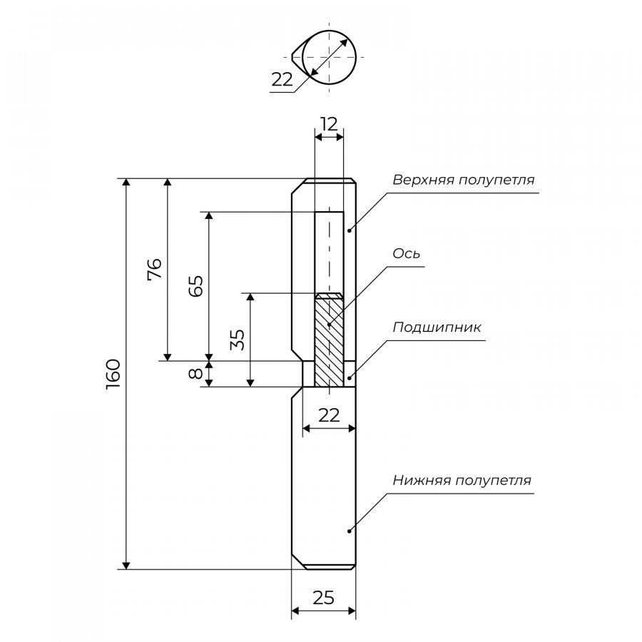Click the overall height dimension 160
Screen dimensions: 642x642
coord(113,374)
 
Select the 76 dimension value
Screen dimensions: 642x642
coord(154,269)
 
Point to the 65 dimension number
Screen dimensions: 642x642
coord(196,285)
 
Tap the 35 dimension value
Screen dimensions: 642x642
coord(238,339)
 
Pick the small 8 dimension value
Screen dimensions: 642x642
coord(196,374)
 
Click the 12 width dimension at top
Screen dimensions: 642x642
coord(328,124)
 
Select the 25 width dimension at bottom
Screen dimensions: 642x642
coord(323,598)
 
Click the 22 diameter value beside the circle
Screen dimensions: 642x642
coord(282,80)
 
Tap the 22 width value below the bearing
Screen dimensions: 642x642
coord(328,415)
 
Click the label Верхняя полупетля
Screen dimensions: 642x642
coord(463,179)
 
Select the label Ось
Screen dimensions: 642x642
coord(407,254)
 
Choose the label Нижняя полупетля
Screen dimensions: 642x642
coord(462,480)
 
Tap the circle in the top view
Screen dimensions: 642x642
coord(330,56)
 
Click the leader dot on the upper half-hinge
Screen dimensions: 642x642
coord(349,230)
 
